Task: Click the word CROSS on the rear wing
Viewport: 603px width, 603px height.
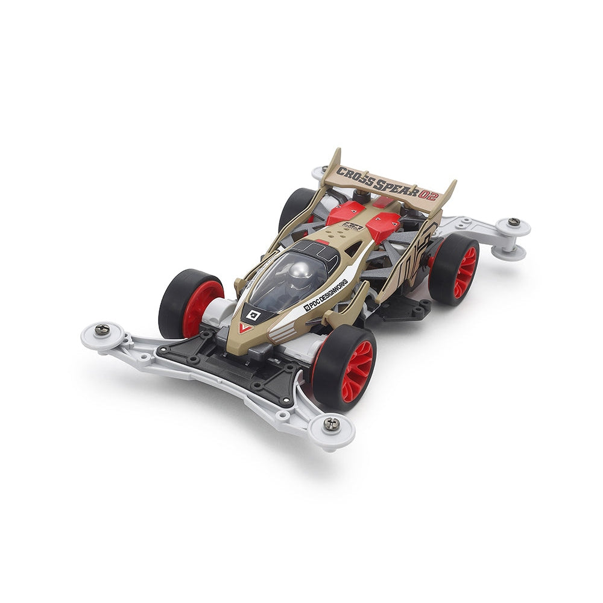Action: [x=353, y=175]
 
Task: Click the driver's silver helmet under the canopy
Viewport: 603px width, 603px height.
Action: [x=301, y=275]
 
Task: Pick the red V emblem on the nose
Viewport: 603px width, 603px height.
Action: [x=245, y=327]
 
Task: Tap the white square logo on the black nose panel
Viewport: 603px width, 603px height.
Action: [x=251, y=314]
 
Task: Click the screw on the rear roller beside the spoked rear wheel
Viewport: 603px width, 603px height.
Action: [x=513, y=222]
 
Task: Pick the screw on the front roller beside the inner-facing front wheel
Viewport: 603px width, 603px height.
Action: [x=102, y=329]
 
